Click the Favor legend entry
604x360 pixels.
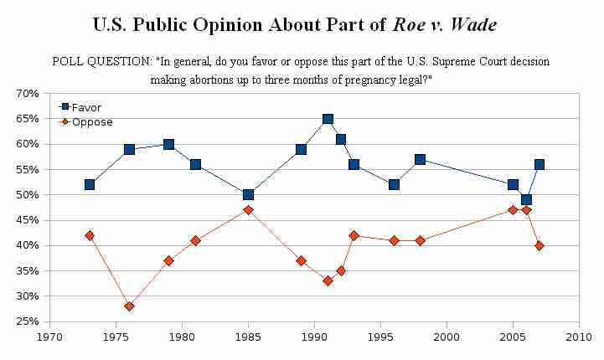click(x=84, y=108)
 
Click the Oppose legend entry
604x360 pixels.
click(x=87, y=122)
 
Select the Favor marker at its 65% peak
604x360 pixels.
click(x=328, y=119)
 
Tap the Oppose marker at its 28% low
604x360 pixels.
click(x=129, y=306)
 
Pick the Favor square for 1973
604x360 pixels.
click(x=90, y=184)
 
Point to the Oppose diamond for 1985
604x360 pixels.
click(x=248, y=210)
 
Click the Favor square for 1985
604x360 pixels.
click(x=248, y=195)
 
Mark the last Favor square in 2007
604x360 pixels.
click(x=539, y=164)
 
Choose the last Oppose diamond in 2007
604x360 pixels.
click(x=539, y=245)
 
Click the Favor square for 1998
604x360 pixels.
click(x=420, y=159)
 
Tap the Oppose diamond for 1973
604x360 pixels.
click(x=90, y=235)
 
